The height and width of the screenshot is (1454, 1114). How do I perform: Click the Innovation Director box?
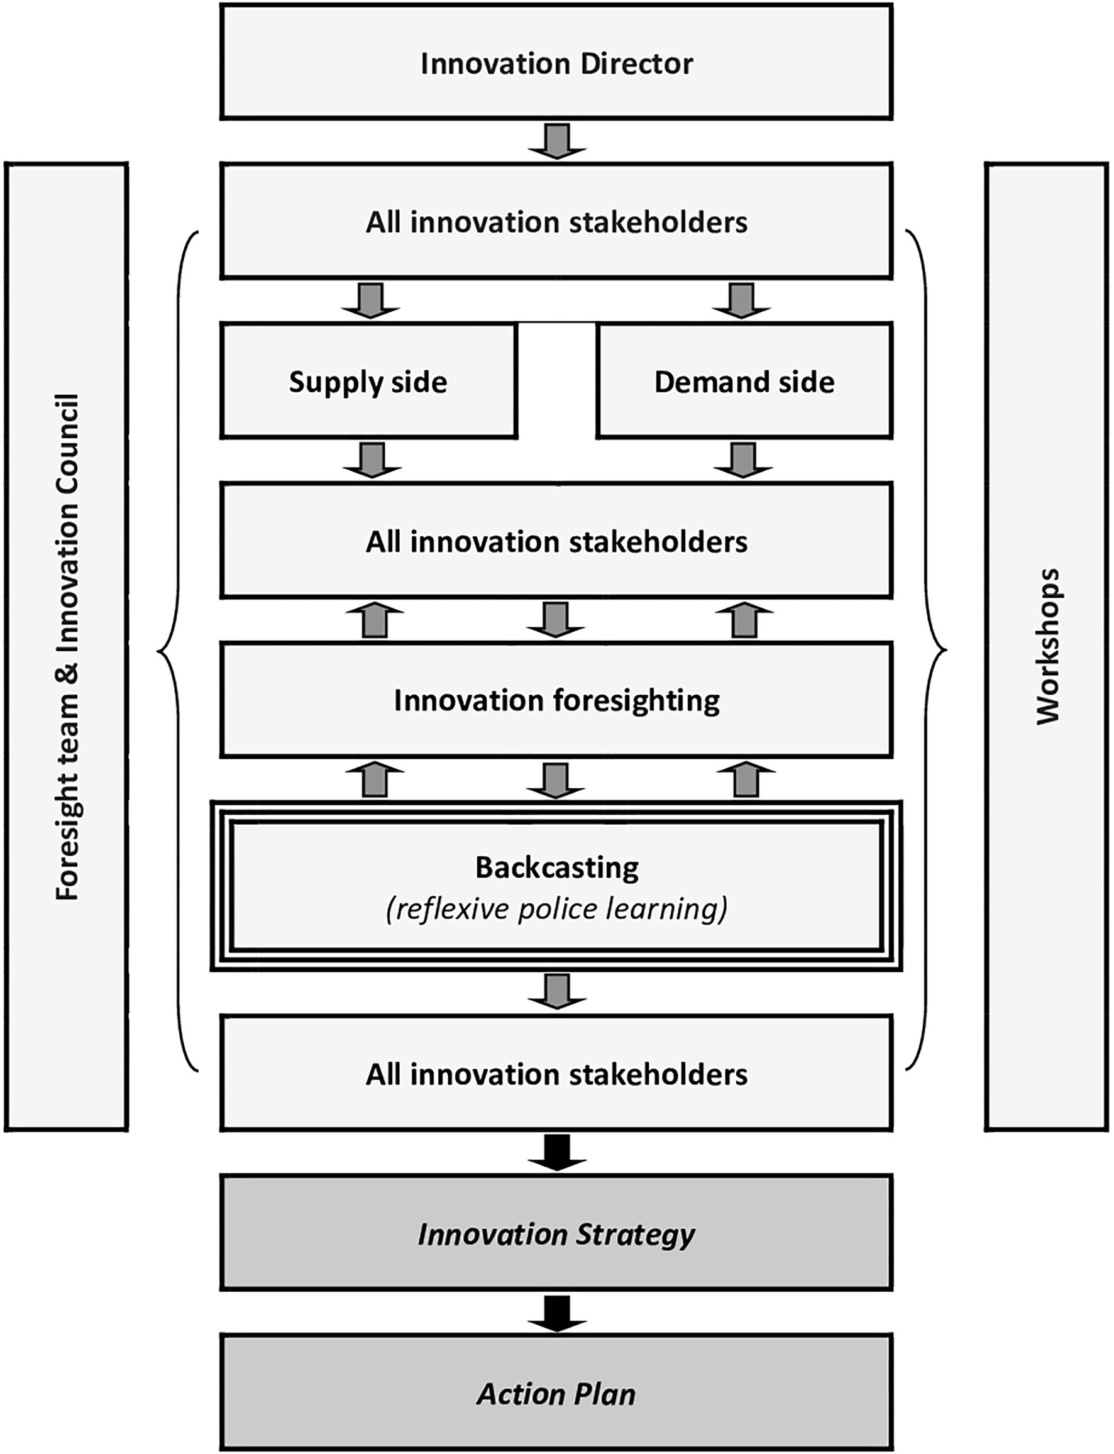point(556,62)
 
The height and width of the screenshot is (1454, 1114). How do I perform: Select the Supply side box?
point(368,380)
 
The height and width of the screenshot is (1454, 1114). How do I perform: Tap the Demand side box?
point(744,380)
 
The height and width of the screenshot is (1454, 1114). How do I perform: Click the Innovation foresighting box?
point(556,700)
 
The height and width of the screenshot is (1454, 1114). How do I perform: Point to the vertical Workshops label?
point(1049,646)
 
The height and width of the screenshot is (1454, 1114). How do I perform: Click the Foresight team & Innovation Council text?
point(67,646)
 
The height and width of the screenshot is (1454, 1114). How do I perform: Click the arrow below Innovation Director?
point(557,141)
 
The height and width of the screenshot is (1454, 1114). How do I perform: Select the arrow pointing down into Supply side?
point(371,300)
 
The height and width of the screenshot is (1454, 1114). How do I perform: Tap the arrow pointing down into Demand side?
point(741,300)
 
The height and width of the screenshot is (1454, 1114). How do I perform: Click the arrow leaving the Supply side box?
point(372,460)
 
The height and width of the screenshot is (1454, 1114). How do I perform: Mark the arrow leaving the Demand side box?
point(742,460)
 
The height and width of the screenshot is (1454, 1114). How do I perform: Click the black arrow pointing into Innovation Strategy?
point(557,1152)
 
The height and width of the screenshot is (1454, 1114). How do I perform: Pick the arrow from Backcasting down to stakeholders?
point(557,992)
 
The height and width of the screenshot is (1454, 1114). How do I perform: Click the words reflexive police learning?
point(556,908)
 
